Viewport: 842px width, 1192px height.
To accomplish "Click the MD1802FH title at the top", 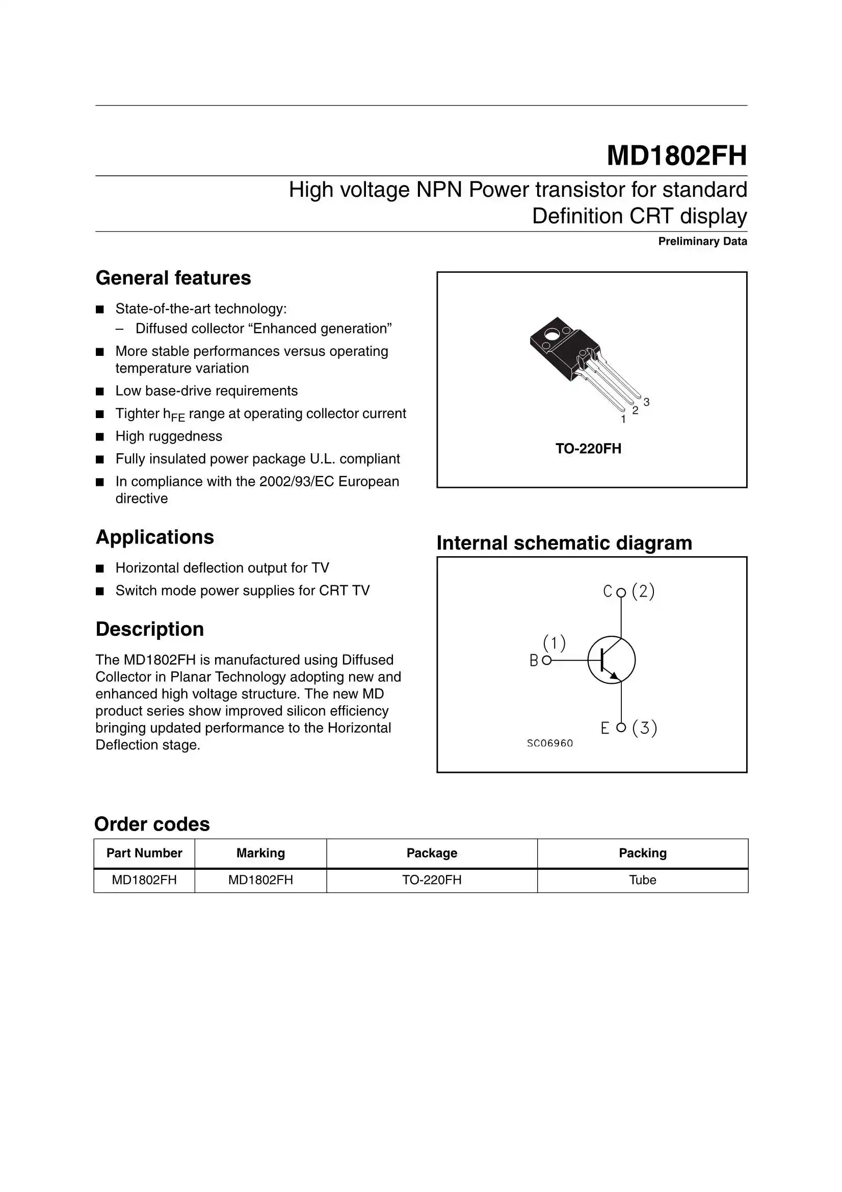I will click(676, 155).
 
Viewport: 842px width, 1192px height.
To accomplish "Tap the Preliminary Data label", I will click(702, 242).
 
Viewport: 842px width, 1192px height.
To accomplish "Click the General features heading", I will click(173, 278).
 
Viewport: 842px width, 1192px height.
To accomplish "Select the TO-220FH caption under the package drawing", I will click(588, 449).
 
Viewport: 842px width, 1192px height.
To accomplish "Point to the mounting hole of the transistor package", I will click(552, 334).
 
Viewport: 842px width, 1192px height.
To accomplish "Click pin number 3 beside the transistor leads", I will click(646, 402).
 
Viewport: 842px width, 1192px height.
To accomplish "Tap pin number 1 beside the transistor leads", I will click(623, 420).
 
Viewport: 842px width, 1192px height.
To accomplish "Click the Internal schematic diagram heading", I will click(564, 543).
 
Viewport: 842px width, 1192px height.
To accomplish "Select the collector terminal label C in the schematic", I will click(608, 591).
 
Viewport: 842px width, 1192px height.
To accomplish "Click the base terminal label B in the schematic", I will click(534, 660).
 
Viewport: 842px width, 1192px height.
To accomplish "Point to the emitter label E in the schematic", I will click(605, 729).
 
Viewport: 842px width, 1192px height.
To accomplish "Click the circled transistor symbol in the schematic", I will click(611, 660).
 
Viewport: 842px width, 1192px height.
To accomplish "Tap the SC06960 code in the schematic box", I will click(550, 743).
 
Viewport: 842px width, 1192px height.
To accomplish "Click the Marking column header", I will click(260, 853).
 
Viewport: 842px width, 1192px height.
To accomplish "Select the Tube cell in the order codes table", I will click(642, 880).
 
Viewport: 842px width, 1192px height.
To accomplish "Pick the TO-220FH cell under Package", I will click(431, 880).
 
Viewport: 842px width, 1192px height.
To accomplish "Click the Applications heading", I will click(155, 537).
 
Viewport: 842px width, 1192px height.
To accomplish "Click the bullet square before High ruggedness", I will click(100, 436).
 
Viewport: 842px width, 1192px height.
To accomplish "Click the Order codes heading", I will click(152, 824).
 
